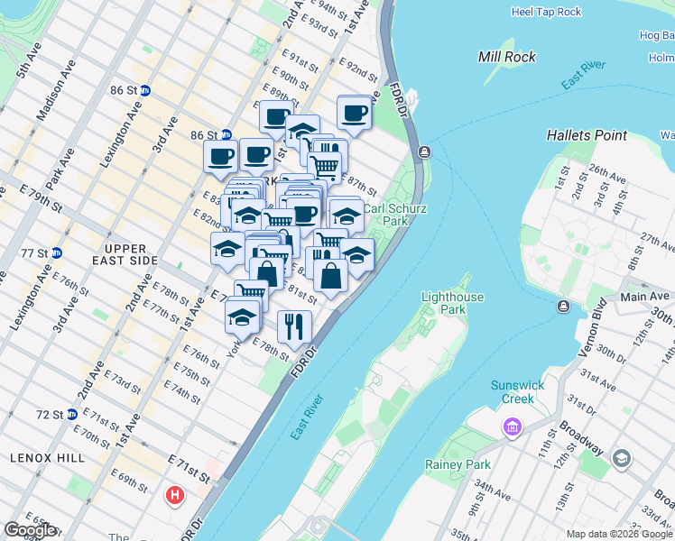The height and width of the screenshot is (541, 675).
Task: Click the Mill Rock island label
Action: pos(506,57)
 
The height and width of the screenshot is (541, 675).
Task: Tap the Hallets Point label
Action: pos(587,135)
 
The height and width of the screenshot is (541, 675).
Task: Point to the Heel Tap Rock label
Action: pos(546,12)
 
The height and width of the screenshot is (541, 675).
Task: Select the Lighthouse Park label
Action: pos(452,303)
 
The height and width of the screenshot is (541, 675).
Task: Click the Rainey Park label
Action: pos(458,465)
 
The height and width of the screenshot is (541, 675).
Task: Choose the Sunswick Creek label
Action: pos(517,391)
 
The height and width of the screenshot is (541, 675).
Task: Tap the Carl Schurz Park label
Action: pos(394,215)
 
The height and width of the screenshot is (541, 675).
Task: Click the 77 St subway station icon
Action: pos(56,253)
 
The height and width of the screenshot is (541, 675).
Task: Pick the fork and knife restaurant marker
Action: pos(293,326)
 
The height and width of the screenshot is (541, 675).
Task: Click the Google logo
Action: pos(30,530)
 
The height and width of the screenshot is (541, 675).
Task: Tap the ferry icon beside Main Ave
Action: pos(563,307)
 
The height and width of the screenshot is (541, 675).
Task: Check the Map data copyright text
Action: pos(618,534)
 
